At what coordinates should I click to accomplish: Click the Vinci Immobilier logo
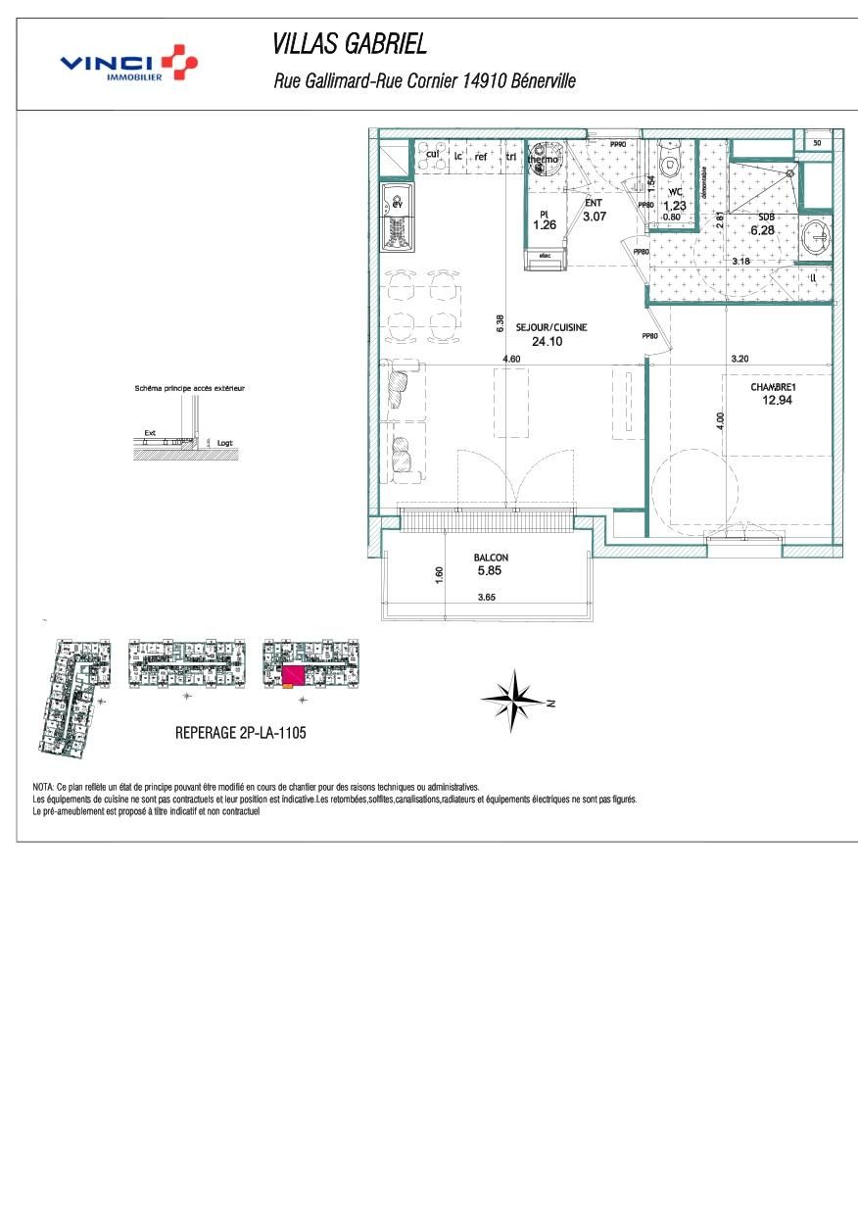[128, 64]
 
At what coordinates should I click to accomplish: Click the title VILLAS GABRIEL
[349, 45]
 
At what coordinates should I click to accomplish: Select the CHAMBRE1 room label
[773, 387]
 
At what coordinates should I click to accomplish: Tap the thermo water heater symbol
[544, 160]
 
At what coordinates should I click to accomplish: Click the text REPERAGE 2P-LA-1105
[240, 732]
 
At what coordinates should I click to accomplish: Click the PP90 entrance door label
[617, 145]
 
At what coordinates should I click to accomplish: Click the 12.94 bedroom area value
[776, 400]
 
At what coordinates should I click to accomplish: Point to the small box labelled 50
[816, 143]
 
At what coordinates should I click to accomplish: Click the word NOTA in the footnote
[43, 787]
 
